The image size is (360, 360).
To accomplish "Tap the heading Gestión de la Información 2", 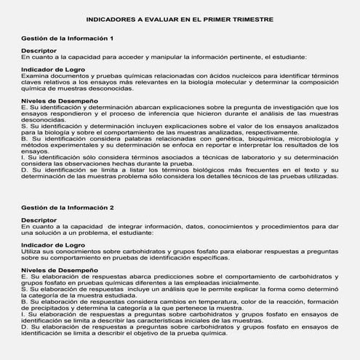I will tap(68, 207).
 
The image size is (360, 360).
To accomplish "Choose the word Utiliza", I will tap(32, 251).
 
